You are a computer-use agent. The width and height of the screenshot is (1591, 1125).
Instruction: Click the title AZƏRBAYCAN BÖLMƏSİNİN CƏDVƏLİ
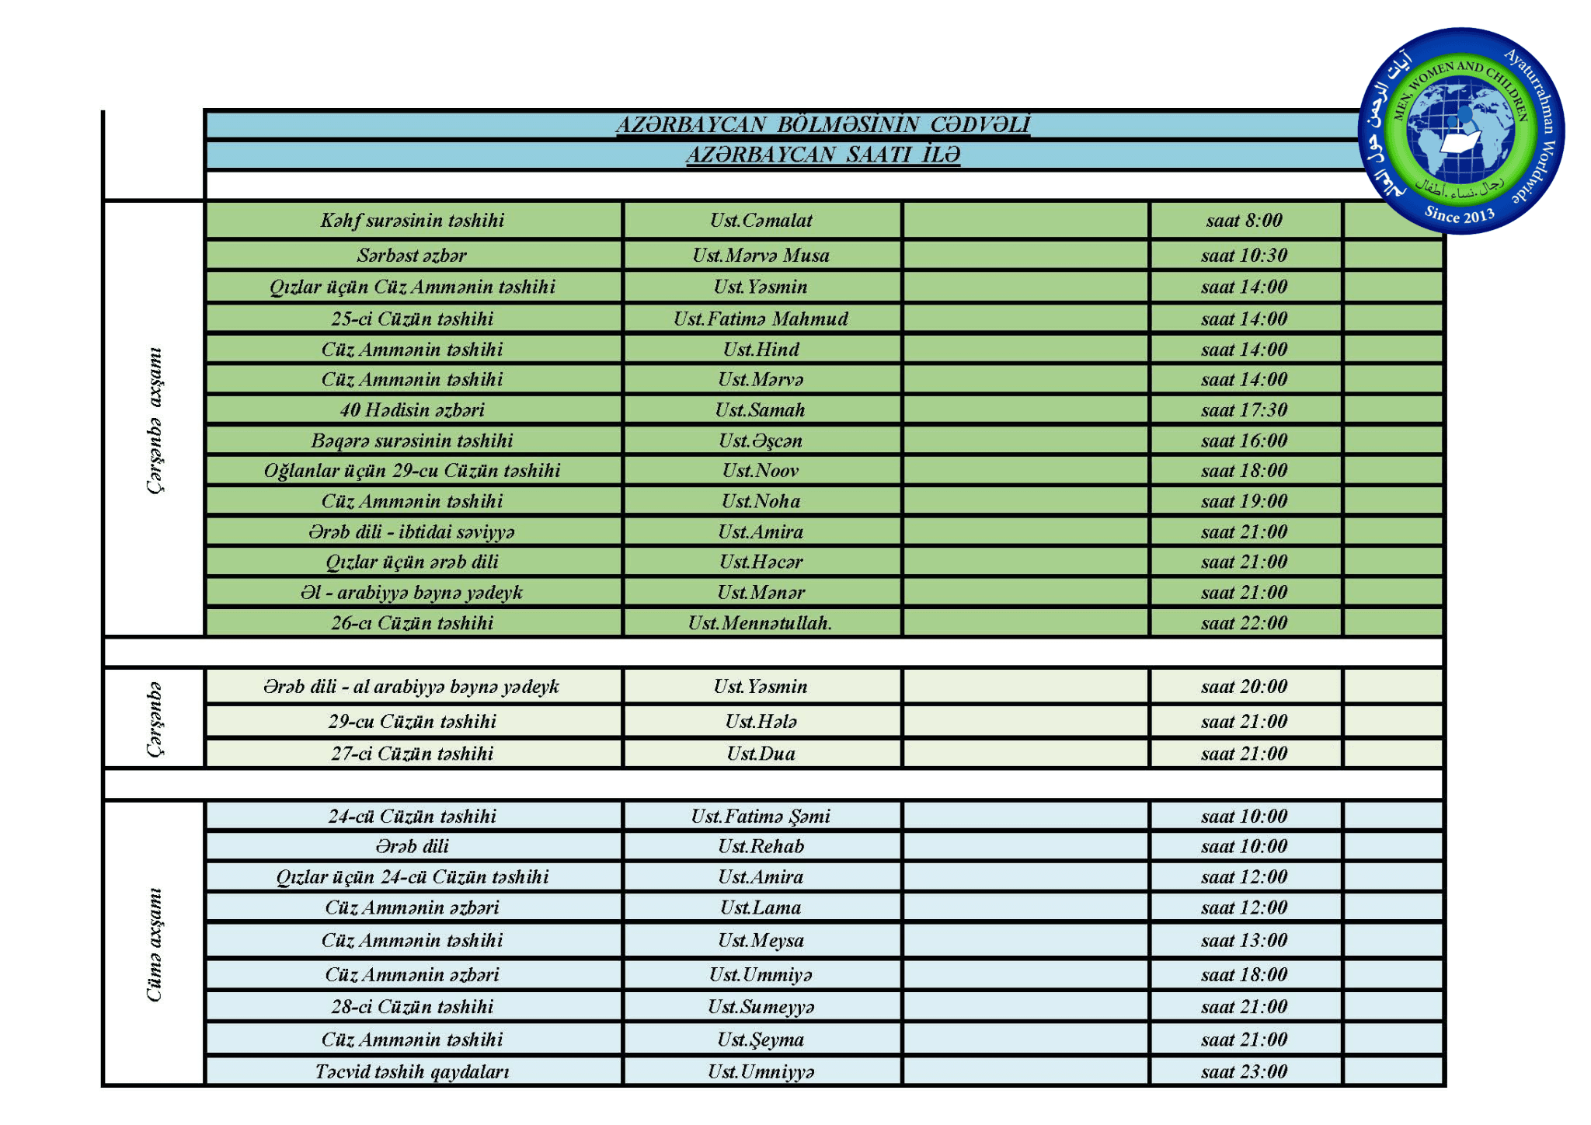coord(823,124)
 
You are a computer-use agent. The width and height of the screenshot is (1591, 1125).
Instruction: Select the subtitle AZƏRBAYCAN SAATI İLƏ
coord(823,155)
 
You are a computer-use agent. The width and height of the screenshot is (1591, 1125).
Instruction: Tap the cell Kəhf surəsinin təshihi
coord(413,221)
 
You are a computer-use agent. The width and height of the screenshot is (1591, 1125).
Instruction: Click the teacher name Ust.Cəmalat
coord(761,221)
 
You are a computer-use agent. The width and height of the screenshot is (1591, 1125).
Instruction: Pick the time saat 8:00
coord(1244,221)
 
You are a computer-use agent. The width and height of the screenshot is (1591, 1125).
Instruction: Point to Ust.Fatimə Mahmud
coord(761,319)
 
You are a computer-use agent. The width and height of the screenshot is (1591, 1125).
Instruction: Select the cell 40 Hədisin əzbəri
coord(413,410)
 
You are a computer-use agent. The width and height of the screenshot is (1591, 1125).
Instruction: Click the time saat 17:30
coord(1244,410)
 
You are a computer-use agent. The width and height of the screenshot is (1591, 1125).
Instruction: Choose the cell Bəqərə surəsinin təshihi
coord(413,441)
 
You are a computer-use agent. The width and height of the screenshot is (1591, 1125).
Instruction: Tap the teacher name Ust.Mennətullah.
coord(761,623)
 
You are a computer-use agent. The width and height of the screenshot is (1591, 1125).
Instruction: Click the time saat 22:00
coord(1244,623)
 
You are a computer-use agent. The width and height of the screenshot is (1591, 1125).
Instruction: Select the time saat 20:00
coord(1244,687)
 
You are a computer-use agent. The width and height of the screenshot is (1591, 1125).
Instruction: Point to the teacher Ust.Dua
coord(761,754)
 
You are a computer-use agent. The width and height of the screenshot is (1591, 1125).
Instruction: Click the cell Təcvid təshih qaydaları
coord(413,1072)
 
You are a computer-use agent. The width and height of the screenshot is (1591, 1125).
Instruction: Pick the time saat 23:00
coord(1244,1072)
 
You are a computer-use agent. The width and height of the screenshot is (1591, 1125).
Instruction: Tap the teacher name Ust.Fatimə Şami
coord(761,817)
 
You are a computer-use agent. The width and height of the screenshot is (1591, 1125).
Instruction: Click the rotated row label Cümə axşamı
coord(155,944)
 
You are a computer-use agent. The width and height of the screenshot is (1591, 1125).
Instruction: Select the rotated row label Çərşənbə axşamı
coord(155,420)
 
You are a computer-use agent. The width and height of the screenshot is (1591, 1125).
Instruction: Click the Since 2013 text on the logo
coord(1459,214)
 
